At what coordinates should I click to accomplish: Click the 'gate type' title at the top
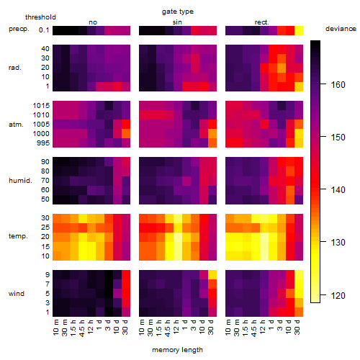[x=178, y=12]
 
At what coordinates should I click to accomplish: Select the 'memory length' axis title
[x=177, y=350]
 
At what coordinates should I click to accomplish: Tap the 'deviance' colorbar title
[x=341, y=29]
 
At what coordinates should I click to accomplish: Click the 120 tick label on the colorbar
[x=338, y=296]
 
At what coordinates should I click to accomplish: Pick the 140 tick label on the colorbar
[x=338, y=190]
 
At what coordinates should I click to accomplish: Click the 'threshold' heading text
[x=40, y=17]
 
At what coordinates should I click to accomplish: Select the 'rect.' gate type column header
[x=261, y=22]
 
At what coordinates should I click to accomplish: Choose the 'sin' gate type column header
[x=177, y=22]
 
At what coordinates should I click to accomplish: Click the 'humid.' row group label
[x=20, y=181]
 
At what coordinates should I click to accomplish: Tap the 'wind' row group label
[x=17, y=294]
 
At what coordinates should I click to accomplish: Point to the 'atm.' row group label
[x=16, y=125]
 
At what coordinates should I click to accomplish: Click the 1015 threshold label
[x=41, y=106]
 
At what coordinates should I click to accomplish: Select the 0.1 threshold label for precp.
[x=44, y=30]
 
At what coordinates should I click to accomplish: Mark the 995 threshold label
[x=43, y=143]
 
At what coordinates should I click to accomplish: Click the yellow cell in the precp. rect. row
[x=299, y=30]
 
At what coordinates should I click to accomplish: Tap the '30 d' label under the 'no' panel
[x=125, y=327]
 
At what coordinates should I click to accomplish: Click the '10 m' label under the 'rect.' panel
[x=229, y=327]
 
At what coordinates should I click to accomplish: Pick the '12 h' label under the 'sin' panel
[x=177, y=327]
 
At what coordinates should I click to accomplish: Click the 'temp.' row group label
[x=18, y=236]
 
